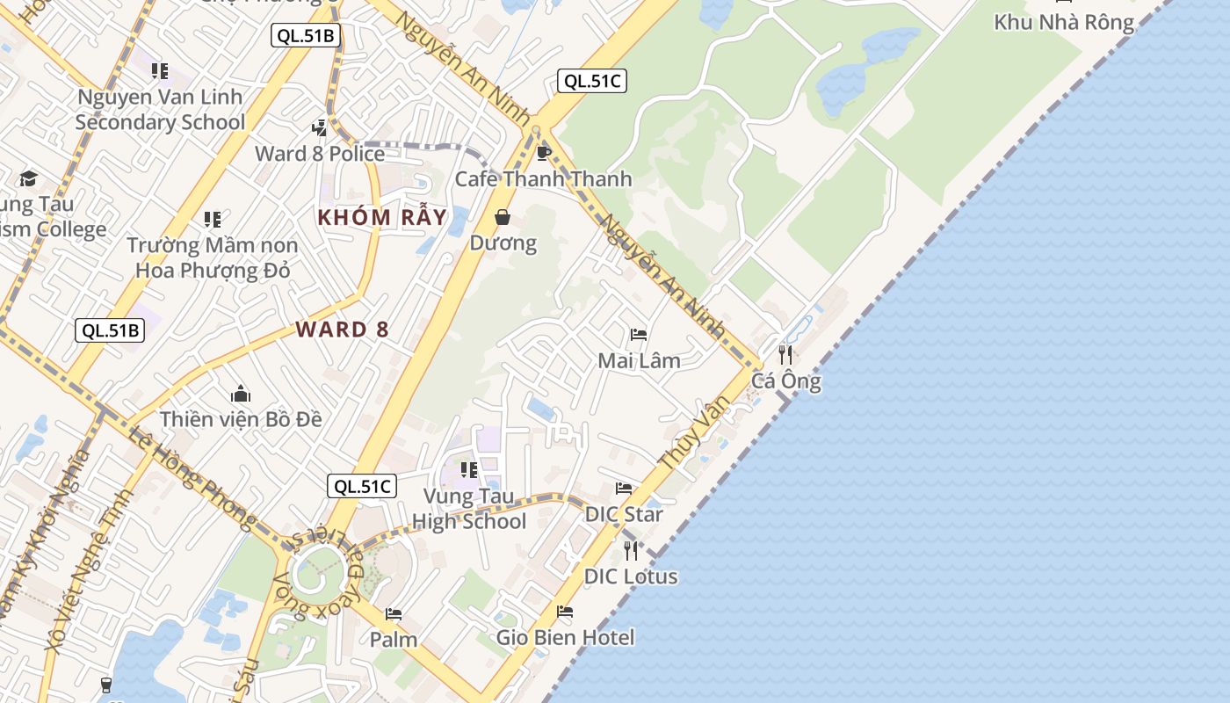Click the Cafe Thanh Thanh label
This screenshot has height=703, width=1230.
coord(543,179)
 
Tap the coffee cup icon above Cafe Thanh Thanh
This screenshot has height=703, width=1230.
coord(543,154)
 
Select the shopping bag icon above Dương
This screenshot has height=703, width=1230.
coord(503,217)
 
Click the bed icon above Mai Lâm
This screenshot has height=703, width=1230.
coord(639,335)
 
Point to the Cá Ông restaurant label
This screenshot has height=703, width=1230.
coord(786,381)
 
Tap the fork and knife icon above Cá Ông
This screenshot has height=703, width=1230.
coord(785,355)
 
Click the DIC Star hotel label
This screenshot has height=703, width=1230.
coord(624,514)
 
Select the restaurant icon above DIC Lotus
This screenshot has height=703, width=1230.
coord(631,551)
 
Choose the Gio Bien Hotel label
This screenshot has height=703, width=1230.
coord(565,637)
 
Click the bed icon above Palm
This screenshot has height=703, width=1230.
coord(394,613)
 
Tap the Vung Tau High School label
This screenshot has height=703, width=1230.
coord(468,509)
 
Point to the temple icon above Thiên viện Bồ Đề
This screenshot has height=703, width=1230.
coord(241,394)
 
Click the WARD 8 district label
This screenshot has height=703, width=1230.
coord(342,330)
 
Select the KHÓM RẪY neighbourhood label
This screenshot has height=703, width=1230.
coord(382,217)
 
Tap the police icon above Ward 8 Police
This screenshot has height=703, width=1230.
coord(320,128)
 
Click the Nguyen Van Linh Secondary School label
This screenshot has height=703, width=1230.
coord(160,109)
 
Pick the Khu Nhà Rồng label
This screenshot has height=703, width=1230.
coord(1064,22)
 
